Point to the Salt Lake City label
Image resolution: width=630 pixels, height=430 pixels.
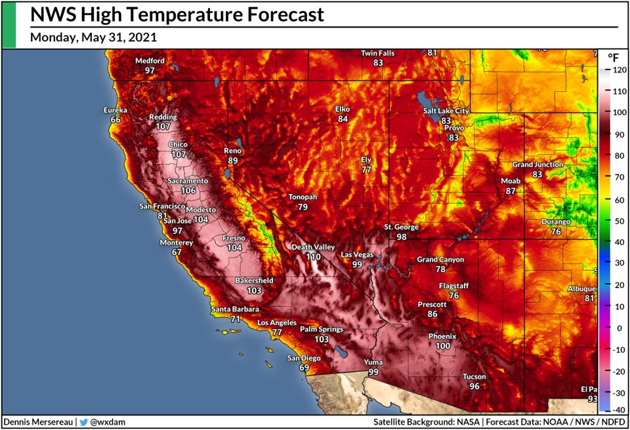pyautogui.click(x=446, y=111)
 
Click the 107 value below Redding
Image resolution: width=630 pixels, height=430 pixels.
pyautogui.click(x=163, y=127)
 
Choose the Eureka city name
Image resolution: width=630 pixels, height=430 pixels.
pyautogui.click(x=115, y=110)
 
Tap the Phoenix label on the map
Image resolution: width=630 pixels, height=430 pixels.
pyautogui.click(x=442, y=336)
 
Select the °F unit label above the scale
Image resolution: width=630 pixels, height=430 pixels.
pyautogui.click(x=613, y=56)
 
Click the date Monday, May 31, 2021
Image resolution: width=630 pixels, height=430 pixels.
pyautogui.click(x=93, y=37)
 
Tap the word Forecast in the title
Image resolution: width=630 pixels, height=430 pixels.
pyautogui.click(x=276, y=14)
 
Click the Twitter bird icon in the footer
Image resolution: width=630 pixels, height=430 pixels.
pyautogui.click(x=83, y=422)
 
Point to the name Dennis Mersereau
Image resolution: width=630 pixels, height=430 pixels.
pyautogui.click(x=39, y=422)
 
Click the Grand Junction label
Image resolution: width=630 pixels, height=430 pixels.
pyautogui.click(x=537, y=165)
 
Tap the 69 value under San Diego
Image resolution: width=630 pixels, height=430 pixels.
pyautogui.click(x=304, y=368)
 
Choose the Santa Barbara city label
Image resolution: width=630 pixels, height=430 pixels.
pyautogui.click(x=235, y=309)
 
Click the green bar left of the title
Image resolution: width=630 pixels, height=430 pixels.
pyautogui.click(x=9, y=24)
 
